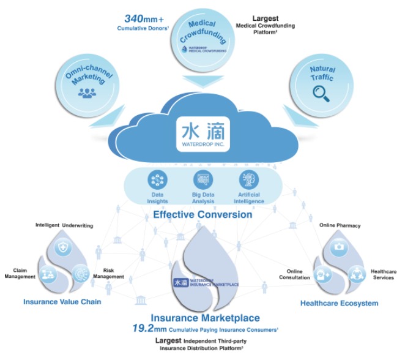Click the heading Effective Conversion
202,215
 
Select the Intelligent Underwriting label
64,226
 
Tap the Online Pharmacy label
340,226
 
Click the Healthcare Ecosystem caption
339,303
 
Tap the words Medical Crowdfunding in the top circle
202,28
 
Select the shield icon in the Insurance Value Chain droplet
62,247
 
